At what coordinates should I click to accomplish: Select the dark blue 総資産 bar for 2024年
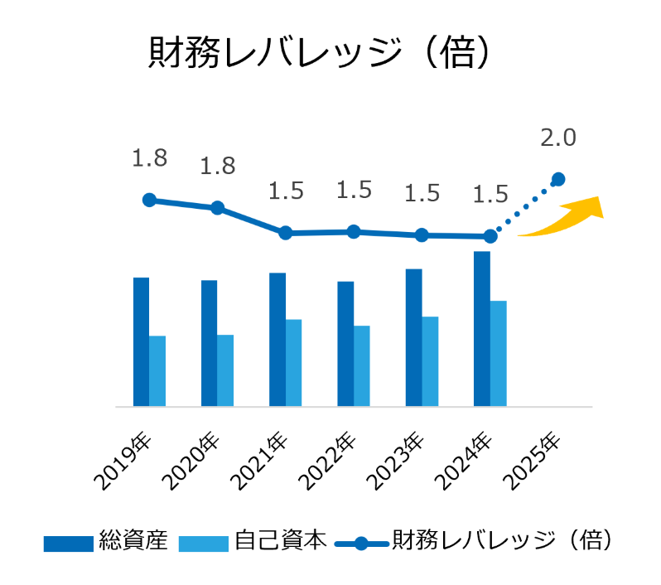(x=482, y=329)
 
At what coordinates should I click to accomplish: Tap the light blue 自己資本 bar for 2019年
(x=157, y=370)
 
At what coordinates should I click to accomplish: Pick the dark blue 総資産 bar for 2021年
(x=277, y=340)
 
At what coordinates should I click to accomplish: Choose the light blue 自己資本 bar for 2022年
(x=362, y=365)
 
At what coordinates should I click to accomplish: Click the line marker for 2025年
(x=558, y=179)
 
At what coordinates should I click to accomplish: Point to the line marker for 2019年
(x=149, y=200)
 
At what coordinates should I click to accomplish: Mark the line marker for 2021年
(x=285, y=233)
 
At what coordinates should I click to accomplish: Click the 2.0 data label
(x=557, y=138)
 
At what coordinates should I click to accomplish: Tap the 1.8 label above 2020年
(x=217, y=166)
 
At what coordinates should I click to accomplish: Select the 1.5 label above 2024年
(x=490, y=195)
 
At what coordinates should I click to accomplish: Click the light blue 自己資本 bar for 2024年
(x=498, y=354)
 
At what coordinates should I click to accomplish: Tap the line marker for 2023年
(x=422, y=235)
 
